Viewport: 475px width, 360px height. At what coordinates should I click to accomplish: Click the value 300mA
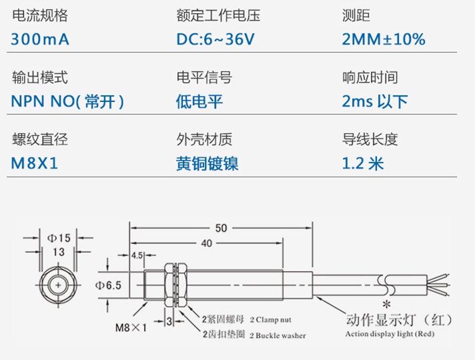click(40, 39)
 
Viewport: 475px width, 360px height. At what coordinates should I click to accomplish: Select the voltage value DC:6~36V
click(215, 39)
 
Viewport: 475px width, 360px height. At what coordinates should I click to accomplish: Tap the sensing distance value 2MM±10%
click(383, 39)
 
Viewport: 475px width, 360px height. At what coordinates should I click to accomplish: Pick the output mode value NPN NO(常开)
click(68, 101)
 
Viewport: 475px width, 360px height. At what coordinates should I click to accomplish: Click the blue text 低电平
click(199, 101)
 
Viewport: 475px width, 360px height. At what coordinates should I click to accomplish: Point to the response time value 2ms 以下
click(374, 101)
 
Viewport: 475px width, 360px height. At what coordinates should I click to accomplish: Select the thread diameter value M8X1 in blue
click(35, 163)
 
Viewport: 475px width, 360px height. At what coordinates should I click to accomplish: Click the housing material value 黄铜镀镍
click(207, 163)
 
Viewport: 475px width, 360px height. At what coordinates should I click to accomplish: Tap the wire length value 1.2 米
click(363, 163)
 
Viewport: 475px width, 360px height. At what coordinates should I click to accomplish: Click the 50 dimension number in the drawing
click(221, 228)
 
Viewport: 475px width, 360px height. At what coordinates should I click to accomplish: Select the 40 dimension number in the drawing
click(206, 243)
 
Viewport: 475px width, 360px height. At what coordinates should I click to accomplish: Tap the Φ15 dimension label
click(59, 238)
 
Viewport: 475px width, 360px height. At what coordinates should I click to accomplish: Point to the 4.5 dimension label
click(137, 255)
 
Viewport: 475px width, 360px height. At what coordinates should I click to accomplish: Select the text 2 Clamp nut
click(270, 320)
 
